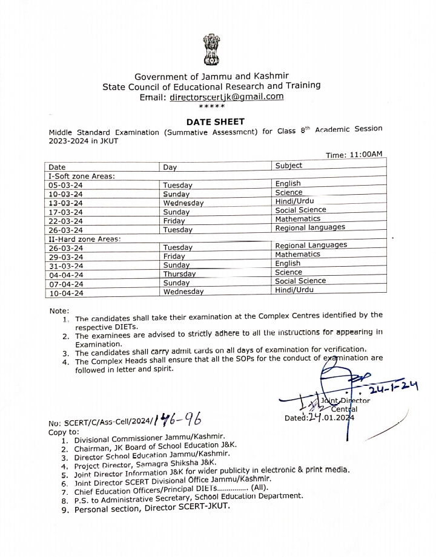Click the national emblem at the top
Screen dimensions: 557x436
211,50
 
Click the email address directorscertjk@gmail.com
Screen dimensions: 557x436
226,96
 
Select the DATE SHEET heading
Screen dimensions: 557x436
216,122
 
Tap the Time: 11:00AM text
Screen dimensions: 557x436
354,155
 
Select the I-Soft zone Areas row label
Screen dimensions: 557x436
82,175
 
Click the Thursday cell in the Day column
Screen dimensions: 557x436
179,274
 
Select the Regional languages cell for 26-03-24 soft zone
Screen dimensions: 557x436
310,228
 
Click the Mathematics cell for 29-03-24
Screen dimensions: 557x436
297,255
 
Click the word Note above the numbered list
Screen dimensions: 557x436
59,310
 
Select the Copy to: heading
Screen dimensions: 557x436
64,432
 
